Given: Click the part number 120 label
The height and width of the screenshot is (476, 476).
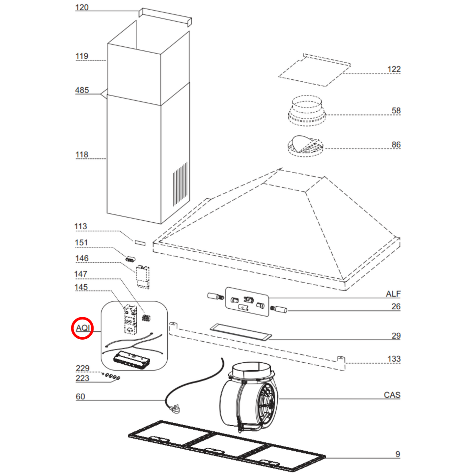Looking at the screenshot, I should click(x=82, y=8).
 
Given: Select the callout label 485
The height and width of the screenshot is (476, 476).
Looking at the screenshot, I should click(x=82, y=90).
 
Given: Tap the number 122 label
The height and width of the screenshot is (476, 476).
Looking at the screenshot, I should click(x=394, y=70).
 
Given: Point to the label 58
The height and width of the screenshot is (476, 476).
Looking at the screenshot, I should click(x=396, y=111).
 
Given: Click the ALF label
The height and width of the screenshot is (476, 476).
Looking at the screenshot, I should click(x=393, y=294).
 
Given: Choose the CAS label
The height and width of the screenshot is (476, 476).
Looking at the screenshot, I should click(x=392, y=395).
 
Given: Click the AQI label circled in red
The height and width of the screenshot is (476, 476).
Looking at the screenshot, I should click(x=83, y=328).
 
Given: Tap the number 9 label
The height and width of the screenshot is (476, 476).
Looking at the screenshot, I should click(x=398, y=454).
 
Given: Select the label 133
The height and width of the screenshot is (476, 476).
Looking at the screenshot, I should click(x=394, y=359).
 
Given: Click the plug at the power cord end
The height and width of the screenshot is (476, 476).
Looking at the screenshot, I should click(x=175, y=409).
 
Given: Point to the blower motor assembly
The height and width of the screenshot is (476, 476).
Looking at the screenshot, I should click(x=249, y=397).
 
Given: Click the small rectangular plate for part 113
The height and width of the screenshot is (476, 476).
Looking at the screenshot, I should click(x=140, y=243).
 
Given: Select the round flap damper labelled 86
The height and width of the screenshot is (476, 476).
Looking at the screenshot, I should click(x=305, y=145).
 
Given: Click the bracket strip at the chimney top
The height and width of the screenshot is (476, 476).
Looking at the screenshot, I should click(x=165, y=16).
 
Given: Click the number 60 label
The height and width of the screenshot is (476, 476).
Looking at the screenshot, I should click(x=80, y=397).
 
